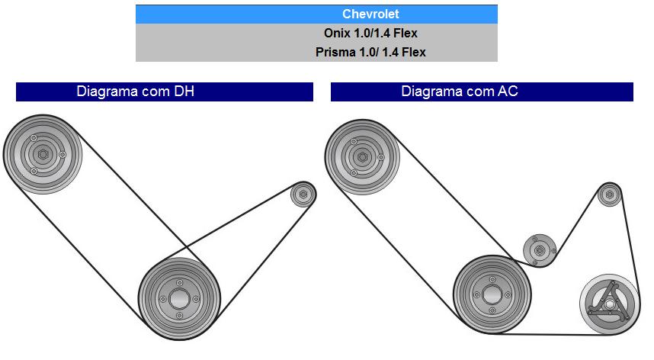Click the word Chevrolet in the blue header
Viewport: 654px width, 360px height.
[370, 14]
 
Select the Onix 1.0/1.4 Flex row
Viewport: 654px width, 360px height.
[370, 34]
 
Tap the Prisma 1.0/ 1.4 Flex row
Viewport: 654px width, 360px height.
[370, 53]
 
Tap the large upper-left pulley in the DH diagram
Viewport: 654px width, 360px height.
[42, 156]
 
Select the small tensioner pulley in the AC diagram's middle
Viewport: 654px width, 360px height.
[540, 250]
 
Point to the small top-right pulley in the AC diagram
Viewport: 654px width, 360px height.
[608, 194]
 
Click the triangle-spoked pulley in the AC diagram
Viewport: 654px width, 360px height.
[608, 307]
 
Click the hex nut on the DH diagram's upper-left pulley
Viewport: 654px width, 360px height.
[42, 156]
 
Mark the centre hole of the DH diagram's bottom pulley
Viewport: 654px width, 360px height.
[178, 297]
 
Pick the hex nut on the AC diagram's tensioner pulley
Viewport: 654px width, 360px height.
[540, 250]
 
